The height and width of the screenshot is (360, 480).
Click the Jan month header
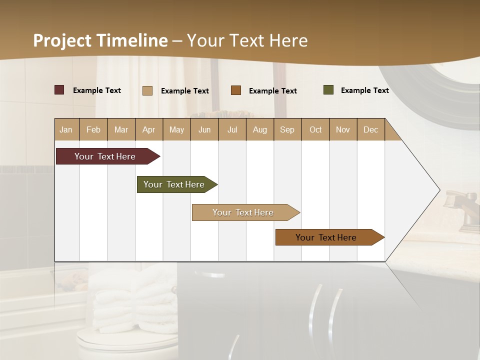(66, 130)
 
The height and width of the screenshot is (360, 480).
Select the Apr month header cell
(149, 130)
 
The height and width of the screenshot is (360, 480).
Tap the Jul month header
(232, 130)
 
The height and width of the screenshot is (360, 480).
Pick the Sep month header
(287, 130)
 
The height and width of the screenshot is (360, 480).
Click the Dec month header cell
(370, 130)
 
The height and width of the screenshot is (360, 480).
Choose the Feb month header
(93, 130)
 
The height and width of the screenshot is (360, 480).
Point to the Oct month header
(315, 130)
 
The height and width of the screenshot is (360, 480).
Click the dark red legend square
(59, 90)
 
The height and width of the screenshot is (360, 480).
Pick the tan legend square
(147, 90)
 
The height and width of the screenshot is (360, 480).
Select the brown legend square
(236, 90)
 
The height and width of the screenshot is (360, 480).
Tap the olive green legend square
(328, 90)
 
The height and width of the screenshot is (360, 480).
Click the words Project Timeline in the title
(100, 40)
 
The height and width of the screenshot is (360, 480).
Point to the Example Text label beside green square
(364, 90)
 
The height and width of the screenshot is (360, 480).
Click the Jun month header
(204, 130)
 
